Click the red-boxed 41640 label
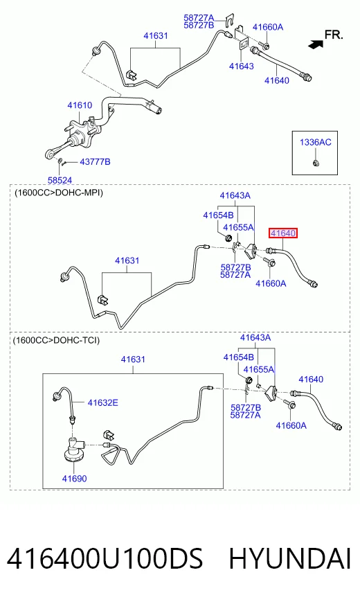[283, 233]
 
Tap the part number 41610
[80, 105]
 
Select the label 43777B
[95, 162]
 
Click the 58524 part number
[60, 180]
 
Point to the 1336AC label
[315, 142]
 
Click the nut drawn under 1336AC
[315, 163]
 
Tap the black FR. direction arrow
[316, 44]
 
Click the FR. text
[334, 35]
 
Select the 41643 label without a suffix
[242, 66]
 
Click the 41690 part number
[74, 479]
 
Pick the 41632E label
[102, 402]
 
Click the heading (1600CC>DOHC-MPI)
[59, 193]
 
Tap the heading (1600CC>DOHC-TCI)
[56, 340]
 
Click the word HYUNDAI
[290, 559]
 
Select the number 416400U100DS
[105, 559]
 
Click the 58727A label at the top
[199, 18]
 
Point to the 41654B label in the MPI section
[218, 215]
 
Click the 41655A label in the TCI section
[259, 369]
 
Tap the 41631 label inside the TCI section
[133, 359]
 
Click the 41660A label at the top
[268, 27]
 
